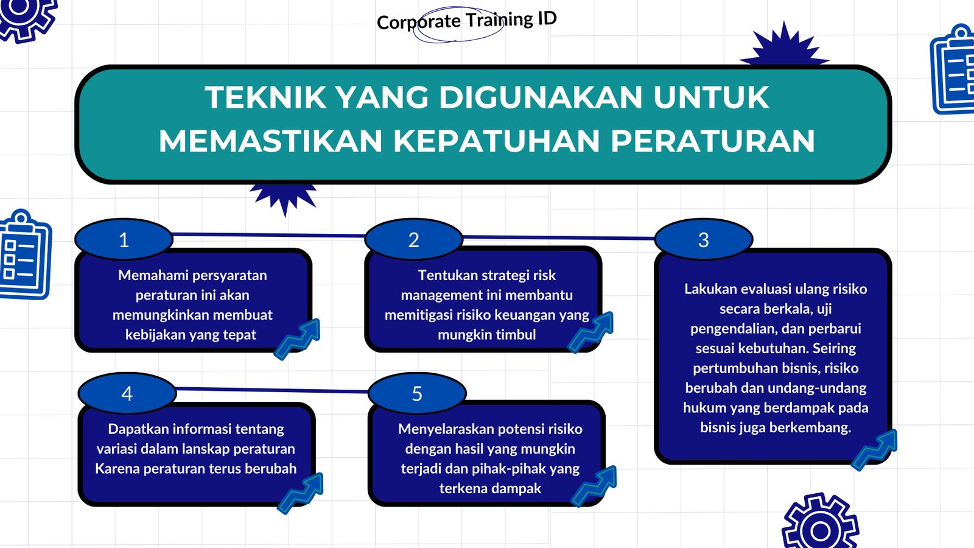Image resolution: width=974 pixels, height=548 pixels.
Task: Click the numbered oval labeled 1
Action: pos(124,239)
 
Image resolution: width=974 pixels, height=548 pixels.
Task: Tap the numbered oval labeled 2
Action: pos(413,239)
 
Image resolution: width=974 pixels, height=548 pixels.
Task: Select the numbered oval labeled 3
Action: pos(704,239)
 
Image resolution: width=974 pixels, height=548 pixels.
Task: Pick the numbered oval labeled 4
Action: pos(127,393)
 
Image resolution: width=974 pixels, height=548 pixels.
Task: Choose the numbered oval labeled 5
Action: pos(417,393)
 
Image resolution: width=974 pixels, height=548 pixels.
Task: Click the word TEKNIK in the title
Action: pos(265,97)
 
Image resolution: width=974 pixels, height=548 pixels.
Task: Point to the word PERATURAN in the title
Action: pos(713,141)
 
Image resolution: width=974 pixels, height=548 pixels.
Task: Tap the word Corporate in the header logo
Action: pos(418,22)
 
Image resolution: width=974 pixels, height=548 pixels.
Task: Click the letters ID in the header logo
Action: pos(547,18)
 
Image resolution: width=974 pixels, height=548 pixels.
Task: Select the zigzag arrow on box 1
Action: pos(298,339)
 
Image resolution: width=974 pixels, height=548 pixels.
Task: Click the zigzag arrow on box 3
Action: pos(874,450)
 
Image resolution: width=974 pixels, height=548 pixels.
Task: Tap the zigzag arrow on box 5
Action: pos(594,487)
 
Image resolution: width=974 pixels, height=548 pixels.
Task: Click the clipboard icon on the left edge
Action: pos(25,255)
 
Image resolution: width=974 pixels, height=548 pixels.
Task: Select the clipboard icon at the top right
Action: pos(952,69)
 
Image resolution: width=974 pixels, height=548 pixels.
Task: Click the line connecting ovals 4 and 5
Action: pos(272,390)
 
